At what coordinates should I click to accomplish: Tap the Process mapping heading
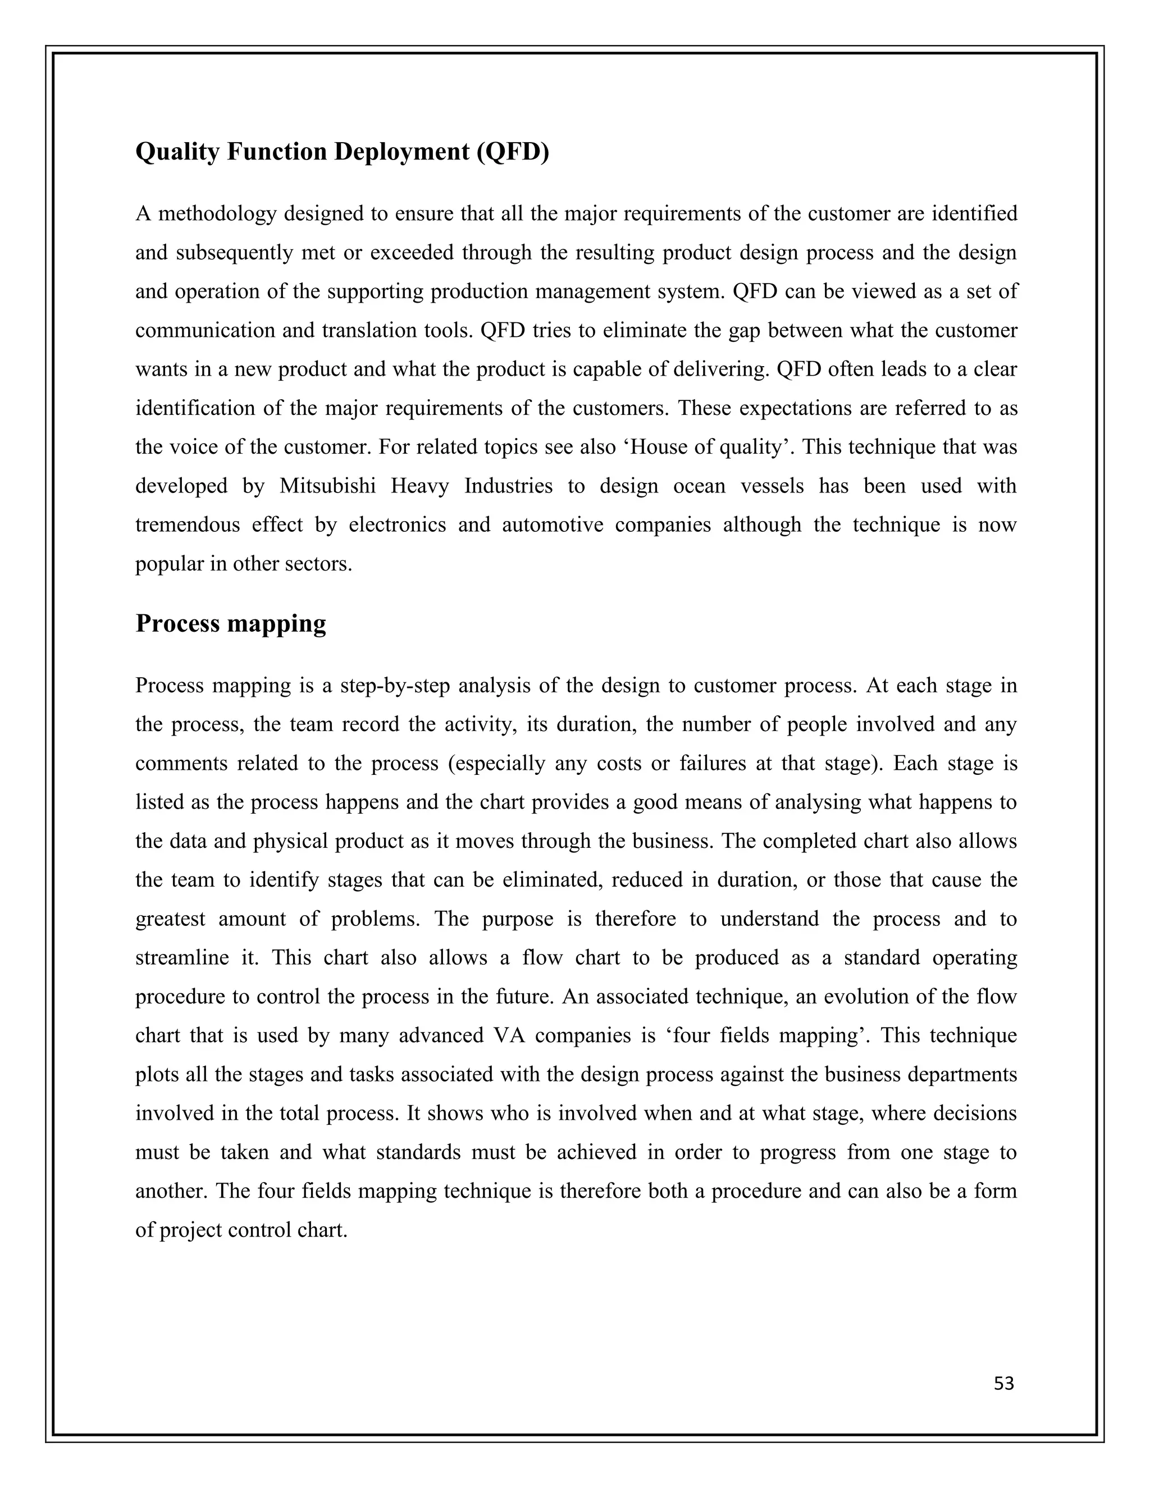pos(230,623)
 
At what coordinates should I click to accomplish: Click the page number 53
pos(1003,1384)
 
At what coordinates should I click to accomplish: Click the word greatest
pos(170,919)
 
